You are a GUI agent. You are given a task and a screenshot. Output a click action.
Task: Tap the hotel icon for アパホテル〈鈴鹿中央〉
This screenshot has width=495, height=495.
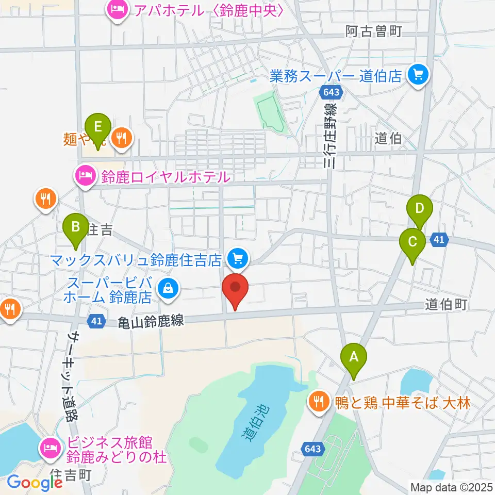coord(118,10)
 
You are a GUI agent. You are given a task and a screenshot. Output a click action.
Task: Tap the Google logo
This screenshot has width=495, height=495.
coord(34,482)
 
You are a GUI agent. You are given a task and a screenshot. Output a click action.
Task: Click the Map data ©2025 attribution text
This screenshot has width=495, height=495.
coord(451,487)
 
